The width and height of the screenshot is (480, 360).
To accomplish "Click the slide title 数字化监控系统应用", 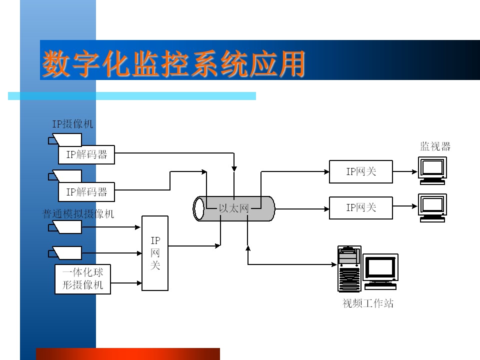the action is point(173,63).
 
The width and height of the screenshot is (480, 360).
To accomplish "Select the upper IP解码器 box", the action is point(86,154).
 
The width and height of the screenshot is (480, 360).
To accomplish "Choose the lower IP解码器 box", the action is point(86,192).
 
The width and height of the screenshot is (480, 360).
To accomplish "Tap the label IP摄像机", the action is point(72,124).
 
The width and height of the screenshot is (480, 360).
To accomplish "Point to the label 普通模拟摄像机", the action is point(78,213).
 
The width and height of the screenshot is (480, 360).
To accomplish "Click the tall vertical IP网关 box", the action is point(155,253).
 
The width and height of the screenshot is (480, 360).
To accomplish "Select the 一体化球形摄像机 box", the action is point(82,279).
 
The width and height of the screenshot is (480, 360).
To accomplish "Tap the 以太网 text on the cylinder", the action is point(233,208).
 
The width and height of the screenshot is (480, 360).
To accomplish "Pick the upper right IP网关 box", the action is point(361,171).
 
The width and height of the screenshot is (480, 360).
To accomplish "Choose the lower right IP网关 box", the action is point(361,208).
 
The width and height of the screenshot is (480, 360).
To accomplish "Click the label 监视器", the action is point(435,146).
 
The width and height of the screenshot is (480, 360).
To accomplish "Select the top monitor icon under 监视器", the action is point(432,171).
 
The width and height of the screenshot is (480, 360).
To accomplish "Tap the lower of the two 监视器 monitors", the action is point(432,208).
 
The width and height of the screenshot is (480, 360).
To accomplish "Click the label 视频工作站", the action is point(367,303).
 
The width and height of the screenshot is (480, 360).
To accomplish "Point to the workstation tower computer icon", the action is point(349,269).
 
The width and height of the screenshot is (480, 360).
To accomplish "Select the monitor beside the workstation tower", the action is point(380,271).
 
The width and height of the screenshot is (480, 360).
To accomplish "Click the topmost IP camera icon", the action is point(65,139).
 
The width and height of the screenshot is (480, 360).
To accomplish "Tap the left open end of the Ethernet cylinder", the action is point(198,208).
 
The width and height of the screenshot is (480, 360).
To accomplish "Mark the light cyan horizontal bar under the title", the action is point(132,96).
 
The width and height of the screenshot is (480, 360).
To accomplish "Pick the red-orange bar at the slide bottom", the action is point(128,354).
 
